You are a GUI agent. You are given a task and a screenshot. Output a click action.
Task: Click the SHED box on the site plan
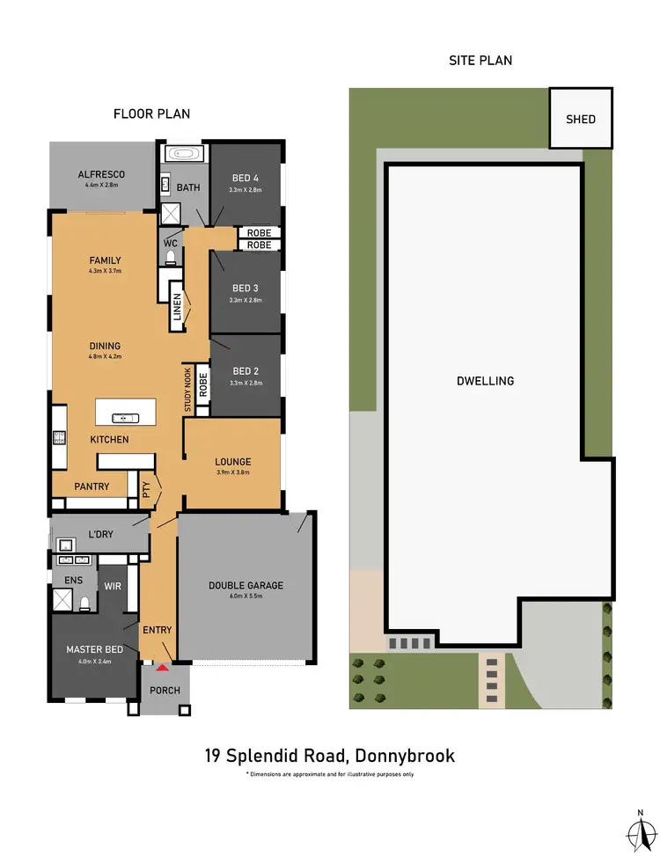point(581,119)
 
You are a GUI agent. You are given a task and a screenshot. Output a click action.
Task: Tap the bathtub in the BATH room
point(184,154)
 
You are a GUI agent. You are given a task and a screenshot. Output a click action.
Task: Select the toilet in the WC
point(170,256)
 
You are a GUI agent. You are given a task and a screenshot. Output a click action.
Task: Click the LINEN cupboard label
point(177,308)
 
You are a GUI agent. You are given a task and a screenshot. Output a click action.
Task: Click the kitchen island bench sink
point(125,417)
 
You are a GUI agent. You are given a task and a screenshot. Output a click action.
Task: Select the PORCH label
point(165,691)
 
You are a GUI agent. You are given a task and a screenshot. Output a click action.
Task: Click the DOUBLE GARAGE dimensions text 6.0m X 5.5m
point(246,596)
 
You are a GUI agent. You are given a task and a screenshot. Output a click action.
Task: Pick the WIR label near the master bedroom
point(113,585)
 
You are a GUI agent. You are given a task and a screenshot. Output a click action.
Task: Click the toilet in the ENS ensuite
point(84,603)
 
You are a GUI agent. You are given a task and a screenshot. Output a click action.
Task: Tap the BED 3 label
point(246,289)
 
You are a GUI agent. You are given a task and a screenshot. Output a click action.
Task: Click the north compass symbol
point(640,828)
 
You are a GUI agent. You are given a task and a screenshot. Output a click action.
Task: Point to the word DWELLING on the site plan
point(485,381)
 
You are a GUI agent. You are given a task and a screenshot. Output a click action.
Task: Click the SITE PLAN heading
point(481,61)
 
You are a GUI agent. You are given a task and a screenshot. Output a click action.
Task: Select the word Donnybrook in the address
point(402,755)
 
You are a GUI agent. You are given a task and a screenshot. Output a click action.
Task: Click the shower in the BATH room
point(170,214)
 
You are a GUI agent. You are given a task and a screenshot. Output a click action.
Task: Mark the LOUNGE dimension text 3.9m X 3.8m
point(233,472)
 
